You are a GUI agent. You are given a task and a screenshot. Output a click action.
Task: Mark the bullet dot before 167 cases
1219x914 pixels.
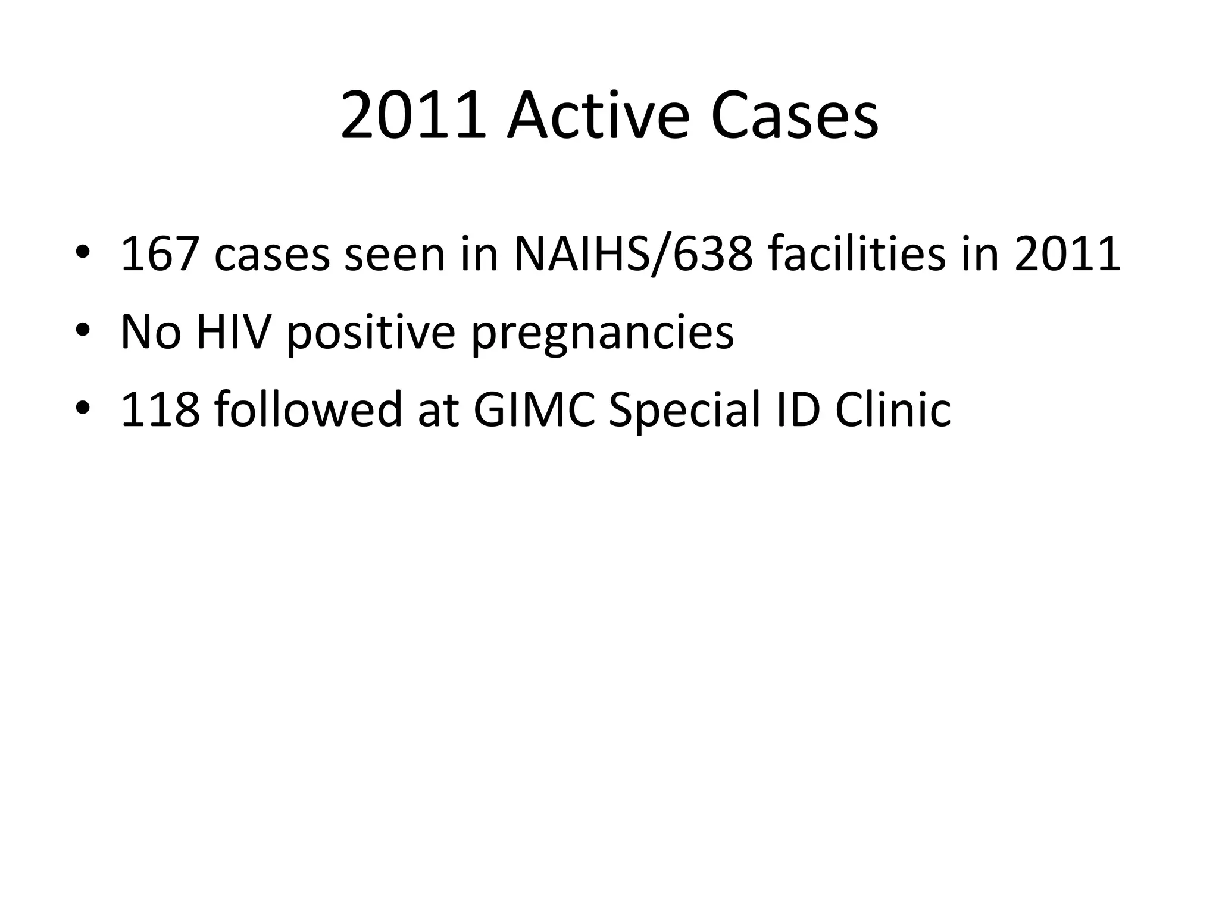click(83, 252)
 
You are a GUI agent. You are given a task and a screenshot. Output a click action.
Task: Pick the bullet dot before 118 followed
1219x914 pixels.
click(83, 408)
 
